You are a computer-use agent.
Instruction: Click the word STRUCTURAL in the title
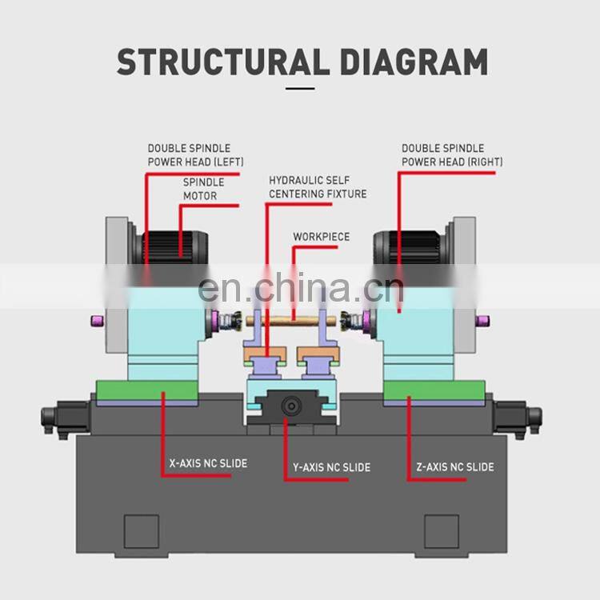pos(210,62)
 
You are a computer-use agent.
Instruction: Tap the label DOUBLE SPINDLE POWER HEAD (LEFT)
pos(189,155)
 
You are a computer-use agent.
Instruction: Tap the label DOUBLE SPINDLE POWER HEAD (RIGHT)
pos(452,155)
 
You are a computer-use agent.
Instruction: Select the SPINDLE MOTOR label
pos(204,189)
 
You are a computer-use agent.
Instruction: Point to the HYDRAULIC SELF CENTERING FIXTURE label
pos(318,187)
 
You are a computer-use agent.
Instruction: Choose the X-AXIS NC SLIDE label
pos(208,463)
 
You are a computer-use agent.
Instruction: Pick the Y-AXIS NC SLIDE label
pos(327,467)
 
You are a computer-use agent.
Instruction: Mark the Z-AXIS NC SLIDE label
pos(455,466)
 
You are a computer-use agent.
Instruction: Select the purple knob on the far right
pos(484,321)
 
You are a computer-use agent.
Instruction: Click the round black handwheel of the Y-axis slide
pos(290,406)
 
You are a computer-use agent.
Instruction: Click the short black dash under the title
pos(300,89)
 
